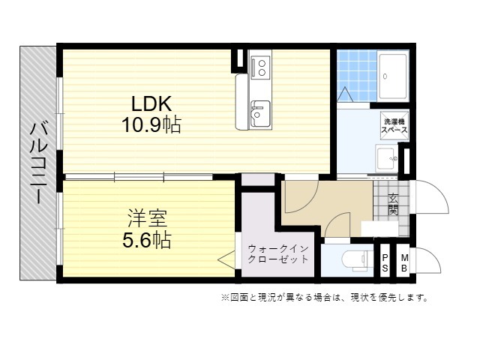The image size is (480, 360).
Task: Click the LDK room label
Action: (151, 103)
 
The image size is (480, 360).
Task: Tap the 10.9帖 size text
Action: (151, 124)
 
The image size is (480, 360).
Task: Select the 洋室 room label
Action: (147, 218)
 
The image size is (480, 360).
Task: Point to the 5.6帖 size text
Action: (147, 240)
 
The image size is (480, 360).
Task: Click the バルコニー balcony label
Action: (38, 163)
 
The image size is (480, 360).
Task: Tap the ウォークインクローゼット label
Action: (278, 254)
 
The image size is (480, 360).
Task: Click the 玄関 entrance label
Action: (393, 204)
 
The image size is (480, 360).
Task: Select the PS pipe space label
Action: (385, 263)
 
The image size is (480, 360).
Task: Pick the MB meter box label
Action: (404, 263)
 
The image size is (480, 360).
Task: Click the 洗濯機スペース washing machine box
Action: (394, 125)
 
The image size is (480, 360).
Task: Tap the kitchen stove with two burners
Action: (260, 67)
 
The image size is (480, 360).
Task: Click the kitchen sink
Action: (260, 113)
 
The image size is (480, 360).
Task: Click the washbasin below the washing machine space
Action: (386, 159)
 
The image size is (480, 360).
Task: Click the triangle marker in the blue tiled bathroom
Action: (345, 94)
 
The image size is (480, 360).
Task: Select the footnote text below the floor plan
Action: (325, 297)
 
